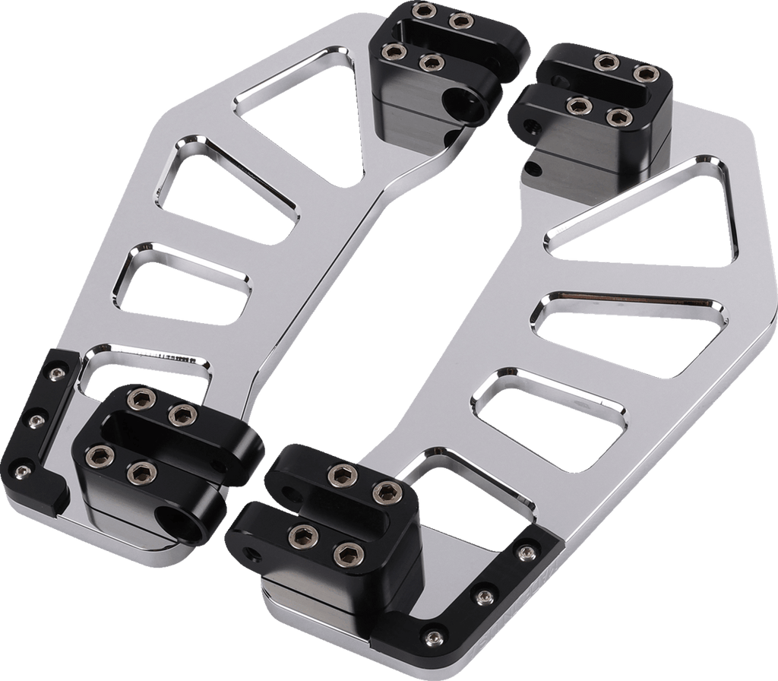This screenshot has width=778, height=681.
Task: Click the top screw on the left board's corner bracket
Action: tap(56, 372)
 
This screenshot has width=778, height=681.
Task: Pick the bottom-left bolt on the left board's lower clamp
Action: tap(99, 455)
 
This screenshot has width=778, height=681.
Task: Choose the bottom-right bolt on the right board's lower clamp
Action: tap(346, 554)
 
